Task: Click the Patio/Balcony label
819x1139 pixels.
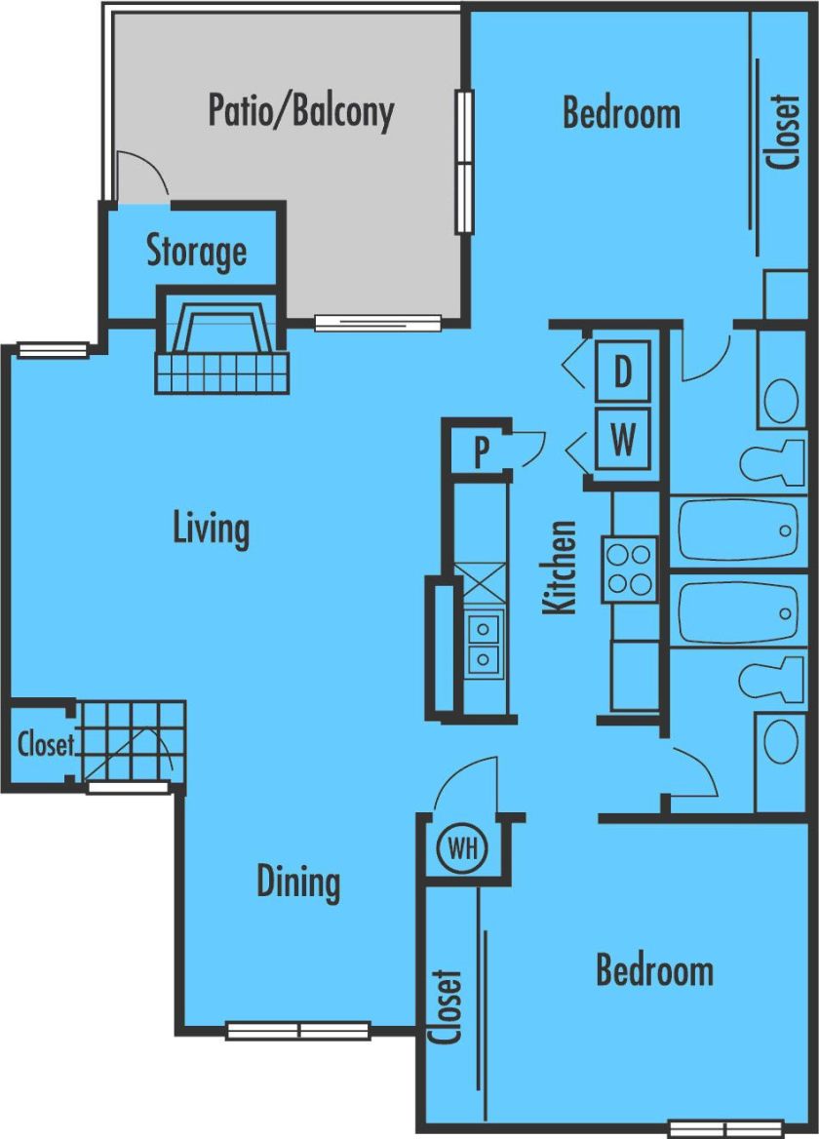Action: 300,111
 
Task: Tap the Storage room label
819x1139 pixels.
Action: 196,252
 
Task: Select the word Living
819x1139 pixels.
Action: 211,530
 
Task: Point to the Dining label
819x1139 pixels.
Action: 298,882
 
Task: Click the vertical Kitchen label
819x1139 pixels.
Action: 560,567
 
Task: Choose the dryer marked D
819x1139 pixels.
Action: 622,371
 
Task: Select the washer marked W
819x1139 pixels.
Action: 622,439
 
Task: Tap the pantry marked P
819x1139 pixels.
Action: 481,452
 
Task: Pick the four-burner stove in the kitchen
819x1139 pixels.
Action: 629,569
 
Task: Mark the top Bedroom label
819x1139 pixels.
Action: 621,113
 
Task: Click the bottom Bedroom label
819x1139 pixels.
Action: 654,970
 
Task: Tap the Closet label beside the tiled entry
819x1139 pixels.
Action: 45,745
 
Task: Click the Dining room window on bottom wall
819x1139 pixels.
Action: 298,1030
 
